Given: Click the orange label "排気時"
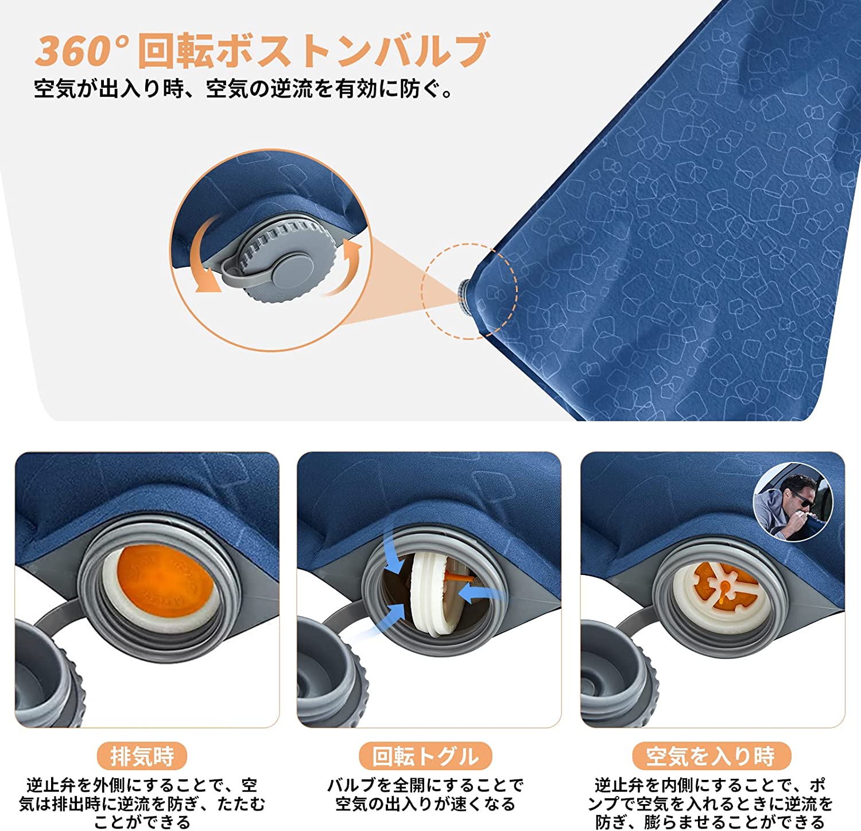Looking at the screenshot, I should click(x=142, y=756).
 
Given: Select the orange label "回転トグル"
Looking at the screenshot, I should click(x=425, y=756).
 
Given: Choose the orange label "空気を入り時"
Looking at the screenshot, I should click(x=711, y=756).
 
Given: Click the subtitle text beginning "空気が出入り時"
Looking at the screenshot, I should click(x=244, y=89).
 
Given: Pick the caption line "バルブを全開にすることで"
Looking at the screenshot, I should click(x=425, y=785).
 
